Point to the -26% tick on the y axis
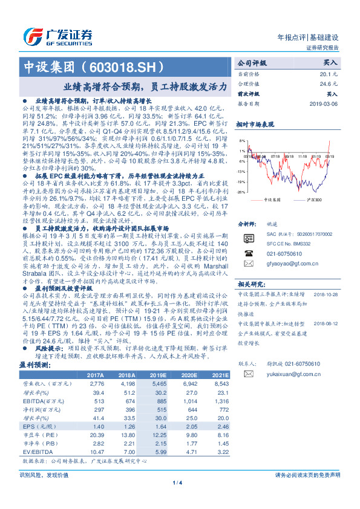[240, 192]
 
